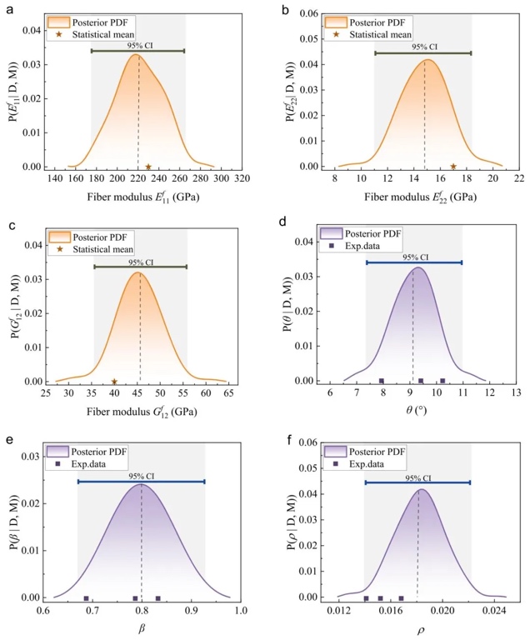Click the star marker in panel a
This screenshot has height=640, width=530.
pyautogui.click(x=148, y=167)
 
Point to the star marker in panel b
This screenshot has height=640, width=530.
pyautogui.click(x=453, y=167)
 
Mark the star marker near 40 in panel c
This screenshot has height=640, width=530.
pyautogui.click(x=114, y=382)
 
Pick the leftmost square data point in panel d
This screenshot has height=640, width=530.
pyautogui.click(x=382, y=381)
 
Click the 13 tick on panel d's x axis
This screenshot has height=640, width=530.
pyautogui.click(x=515, y=392)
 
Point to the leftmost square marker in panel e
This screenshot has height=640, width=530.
pyautogui.click(x=86, y=598)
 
